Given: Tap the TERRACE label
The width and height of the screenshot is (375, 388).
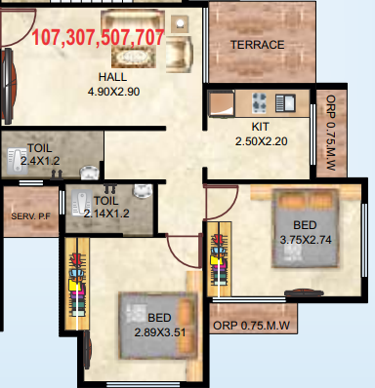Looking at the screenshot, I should click(257, 45).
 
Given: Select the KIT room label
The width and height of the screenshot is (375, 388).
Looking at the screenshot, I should click(260, 128).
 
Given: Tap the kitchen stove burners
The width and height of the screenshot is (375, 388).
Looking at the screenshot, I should click(260, 101).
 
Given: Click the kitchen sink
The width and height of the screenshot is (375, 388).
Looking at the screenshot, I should click(286, 100).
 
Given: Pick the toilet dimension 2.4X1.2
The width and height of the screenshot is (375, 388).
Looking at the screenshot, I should click(31, 161).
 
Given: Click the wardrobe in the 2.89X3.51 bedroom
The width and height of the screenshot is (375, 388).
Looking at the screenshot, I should click(74, 283).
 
